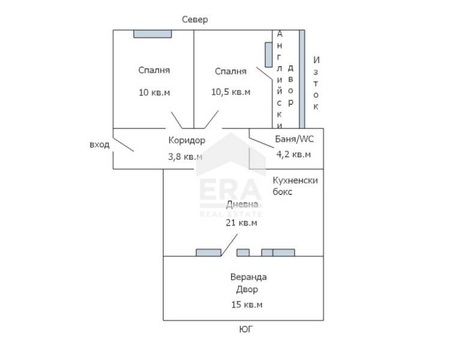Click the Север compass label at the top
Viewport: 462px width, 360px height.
[195, 20]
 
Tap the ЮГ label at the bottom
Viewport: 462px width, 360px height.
[246, 329]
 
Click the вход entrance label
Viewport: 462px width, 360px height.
[99, 145]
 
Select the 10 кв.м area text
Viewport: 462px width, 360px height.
[154, 92]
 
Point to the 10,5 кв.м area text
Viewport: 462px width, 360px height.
[230, 92]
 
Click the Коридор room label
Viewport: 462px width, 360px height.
[187, 140]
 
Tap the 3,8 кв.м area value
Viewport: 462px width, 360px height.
[185, 157]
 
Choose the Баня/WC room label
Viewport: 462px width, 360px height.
[294, 139]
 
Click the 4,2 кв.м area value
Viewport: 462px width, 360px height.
[293, 154]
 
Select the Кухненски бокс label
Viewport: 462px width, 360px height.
[295, 186]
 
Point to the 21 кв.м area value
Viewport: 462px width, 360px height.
[241, 223]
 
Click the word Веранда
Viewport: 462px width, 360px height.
[248, 277]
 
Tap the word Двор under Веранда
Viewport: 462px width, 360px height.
[247, 290]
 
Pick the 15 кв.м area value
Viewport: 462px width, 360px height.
[247, 305]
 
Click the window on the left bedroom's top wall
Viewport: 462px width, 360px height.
[152, 34]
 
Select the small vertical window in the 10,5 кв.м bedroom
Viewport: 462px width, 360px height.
[268, 55]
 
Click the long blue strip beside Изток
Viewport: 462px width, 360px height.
[302, 79]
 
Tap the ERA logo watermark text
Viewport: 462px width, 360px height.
[230, 191]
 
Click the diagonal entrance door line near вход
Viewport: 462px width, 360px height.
[124, 145]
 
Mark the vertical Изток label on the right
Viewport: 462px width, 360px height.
[316, 83]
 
